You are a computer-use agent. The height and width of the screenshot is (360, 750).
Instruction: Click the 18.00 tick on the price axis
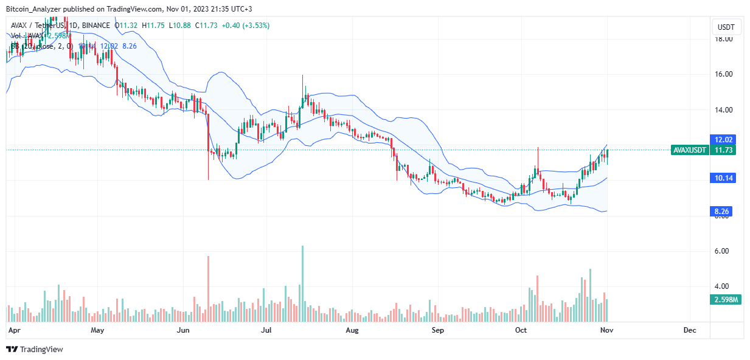pyautogui.click(x=723, y=39)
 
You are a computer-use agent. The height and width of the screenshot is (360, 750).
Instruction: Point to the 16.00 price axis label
pyautogui.click(x=723, y=74)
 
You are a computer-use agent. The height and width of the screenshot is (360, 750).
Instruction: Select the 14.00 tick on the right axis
pyautogui.click(x=723, y=110)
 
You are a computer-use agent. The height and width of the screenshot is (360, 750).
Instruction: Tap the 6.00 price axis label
pyautogui.click(x=723, y=251)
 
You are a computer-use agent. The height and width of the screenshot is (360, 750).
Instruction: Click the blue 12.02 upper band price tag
pyautogui.click(x=723, y=139)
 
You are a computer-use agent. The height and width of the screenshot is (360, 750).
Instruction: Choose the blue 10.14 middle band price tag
pyautogui.click(x=723, y=178)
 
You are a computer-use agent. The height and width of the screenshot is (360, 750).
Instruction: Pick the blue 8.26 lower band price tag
pyautogui.click(x=723, y=211)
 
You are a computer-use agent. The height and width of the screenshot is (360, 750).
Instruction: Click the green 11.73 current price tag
pyautogui.click(x=723, y=150)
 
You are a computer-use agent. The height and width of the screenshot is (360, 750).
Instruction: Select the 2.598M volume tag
pyautogui.click(x=723, y=300)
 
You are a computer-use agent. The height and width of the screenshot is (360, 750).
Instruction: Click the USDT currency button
pyautogui.click(x=726, y=27)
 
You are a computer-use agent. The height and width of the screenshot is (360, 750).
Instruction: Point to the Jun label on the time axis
pyautogui.click(x=182, y=330)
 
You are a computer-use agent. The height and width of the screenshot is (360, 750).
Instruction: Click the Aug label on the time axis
pyautogui.click(x=352, y=330)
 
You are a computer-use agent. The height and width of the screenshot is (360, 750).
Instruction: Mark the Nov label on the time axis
pyautogui.click(x=606, y=330)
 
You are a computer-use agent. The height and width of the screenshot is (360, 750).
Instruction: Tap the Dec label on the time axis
pyautogui.click(x=689, y=330)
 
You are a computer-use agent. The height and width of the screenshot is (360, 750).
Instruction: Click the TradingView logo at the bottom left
pyautogui.click(x=35, y=349)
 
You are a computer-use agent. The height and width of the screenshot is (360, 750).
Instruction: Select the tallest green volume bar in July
pyautogui.click(x=302, y=283)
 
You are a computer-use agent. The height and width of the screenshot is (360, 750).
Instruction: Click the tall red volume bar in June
pyautogui.click(x=209, y=288)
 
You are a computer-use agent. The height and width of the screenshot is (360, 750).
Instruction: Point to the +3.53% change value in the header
pyautogui.click(x=257, y=25)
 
